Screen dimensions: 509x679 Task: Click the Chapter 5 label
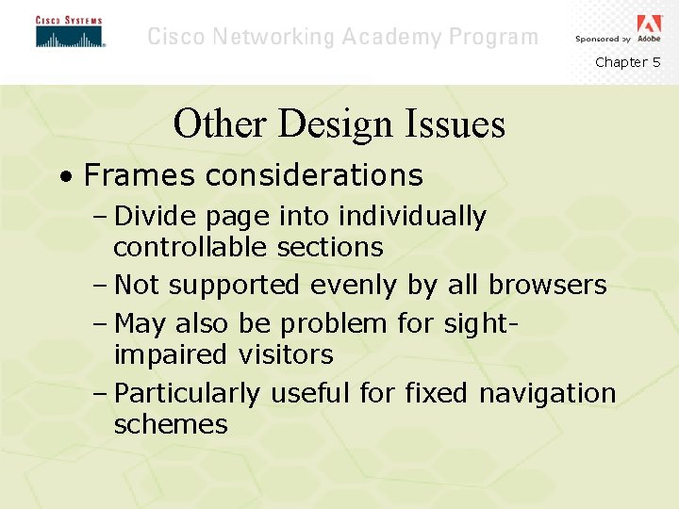tap(627, 62)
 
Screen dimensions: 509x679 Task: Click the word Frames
tap(141, 175)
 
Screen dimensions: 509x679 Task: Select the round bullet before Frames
tap(64, 176)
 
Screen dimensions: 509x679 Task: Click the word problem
tap(334, 324)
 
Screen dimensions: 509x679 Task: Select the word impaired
tap(171, 355)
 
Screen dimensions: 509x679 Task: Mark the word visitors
tap(286, 355)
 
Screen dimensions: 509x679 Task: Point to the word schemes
tap(171, 424)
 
